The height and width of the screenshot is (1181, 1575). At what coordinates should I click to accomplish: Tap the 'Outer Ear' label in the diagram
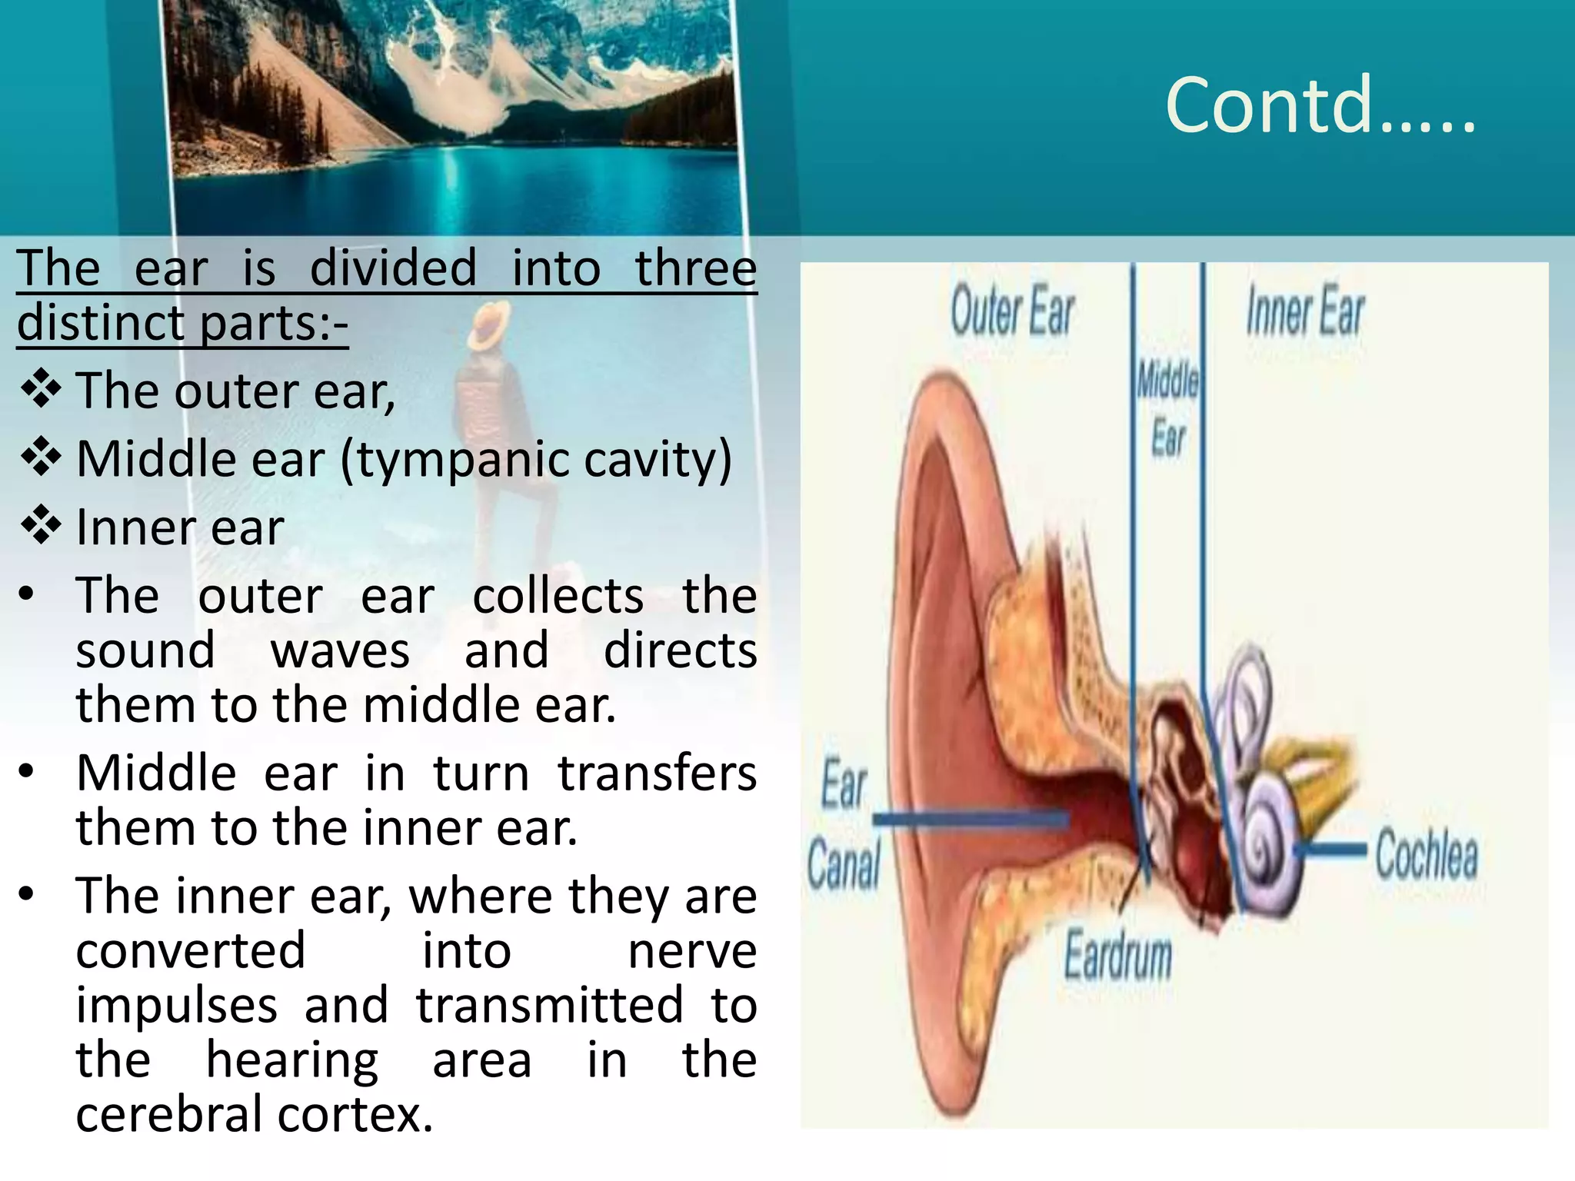(x=1011, y=311)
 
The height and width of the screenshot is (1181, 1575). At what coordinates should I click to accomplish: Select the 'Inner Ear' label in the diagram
(x=1305, y=311)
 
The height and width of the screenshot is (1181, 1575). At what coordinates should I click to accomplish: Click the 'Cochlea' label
(x=1426, y=853)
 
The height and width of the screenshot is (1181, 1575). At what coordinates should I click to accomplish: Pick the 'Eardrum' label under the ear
(x=1117, y=956)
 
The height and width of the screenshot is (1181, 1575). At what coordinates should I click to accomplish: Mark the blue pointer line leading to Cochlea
(x=1331, y=849)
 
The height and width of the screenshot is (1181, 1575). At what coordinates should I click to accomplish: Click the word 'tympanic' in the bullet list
(x=458, y=460)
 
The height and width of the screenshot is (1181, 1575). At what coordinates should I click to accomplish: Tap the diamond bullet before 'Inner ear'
(x=41, y=526)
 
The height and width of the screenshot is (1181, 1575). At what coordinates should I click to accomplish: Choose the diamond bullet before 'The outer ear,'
(x=41, y=389)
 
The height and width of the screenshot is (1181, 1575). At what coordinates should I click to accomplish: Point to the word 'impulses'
(x=176, y=1005)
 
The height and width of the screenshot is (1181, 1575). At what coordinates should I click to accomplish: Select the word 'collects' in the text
(x=558, y=596)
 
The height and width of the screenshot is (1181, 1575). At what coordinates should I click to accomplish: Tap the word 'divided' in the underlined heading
(x=393, y=268)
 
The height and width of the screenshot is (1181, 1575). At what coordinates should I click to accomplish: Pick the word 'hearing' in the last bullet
(x=292, y=1061)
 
